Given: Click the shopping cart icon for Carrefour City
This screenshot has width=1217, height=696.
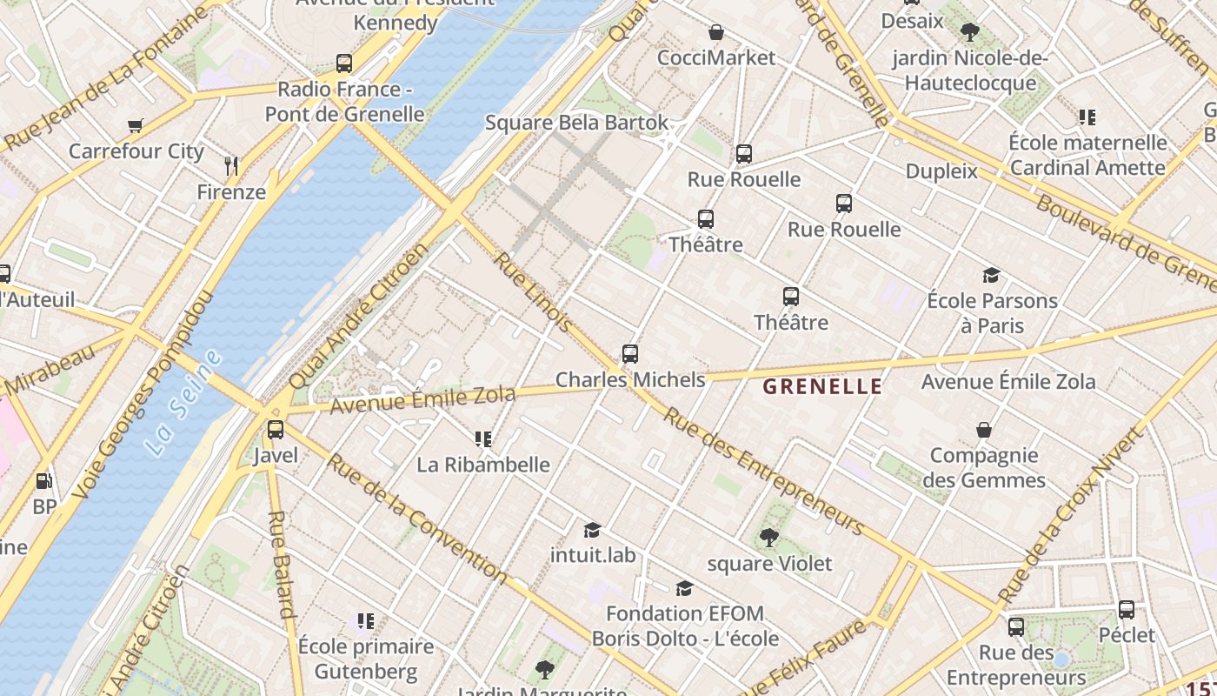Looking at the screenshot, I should [x=135, y=125].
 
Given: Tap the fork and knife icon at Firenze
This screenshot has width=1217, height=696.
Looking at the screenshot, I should [x=231, y=165].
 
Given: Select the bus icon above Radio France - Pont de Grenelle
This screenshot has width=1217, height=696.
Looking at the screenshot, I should [x=344, y=64].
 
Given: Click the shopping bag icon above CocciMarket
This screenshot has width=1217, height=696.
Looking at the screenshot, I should [x=716, y=32].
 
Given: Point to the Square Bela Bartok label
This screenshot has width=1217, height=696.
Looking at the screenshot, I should [x=577, y=123].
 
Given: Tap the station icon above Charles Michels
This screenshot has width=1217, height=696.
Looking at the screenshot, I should [x=630, y=354].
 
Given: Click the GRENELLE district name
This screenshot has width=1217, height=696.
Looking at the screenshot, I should [x=822, y=386].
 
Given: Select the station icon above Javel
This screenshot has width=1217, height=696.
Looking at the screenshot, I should [x=276, y=429].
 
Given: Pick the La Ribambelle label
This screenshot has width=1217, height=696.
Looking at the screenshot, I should [x=483, y=465].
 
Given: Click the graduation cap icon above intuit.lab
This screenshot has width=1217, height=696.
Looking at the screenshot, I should [x=593, y=529].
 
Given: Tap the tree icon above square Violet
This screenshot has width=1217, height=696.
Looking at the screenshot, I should [x=768, y=538].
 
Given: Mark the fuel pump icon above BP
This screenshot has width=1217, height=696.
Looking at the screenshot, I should [x=43, y=480].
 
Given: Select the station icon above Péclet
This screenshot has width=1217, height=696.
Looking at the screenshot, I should [x=1127, y=609].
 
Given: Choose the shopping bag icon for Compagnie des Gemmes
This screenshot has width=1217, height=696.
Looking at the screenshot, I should [x=984, y=430].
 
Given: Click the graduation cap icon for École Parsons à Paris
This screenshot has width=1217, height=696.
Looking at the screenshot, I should [x=991, y=276].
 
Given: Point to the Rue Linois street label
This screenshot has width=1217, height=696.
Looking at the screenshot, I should [x=534, y=292].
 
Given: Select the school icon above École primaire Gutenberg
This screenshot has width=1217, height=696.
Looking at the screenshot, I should [x=366, y=621].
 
